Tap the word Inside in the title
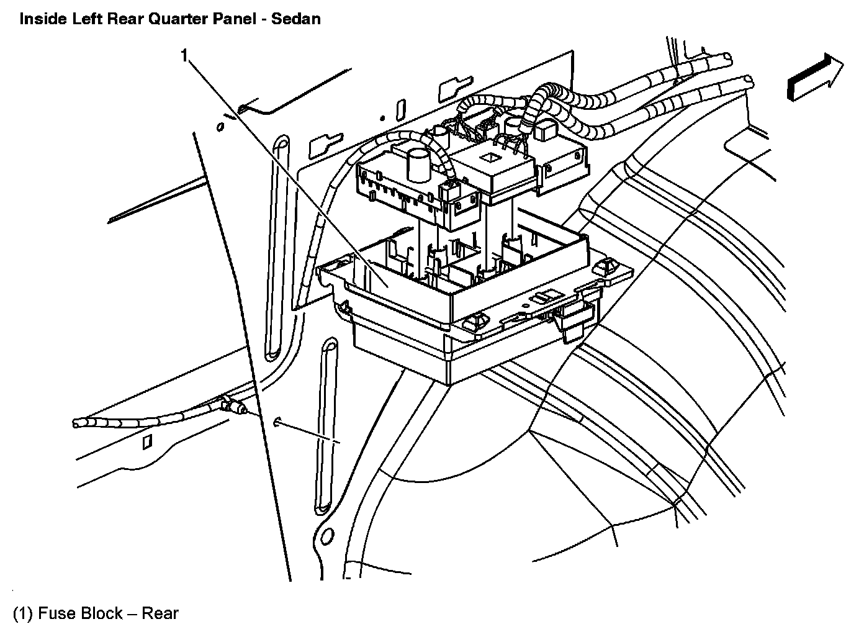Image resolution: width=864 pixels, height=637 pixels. click(x=41, y=19)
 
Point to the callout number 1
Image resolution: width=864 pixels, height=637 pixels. click(x=184, y=56)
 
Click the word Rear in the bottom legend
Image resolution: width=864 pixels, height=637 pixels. click(x=160, y=614)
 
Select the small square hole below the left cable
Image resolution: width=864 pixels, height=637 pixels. click(x=146, y=441)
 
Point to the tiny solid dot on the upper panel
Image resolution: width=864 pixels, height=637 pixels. click(x=383, y=117)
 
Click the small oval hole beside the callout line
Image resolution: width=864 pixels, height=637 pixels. click(x=220, y=127)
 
